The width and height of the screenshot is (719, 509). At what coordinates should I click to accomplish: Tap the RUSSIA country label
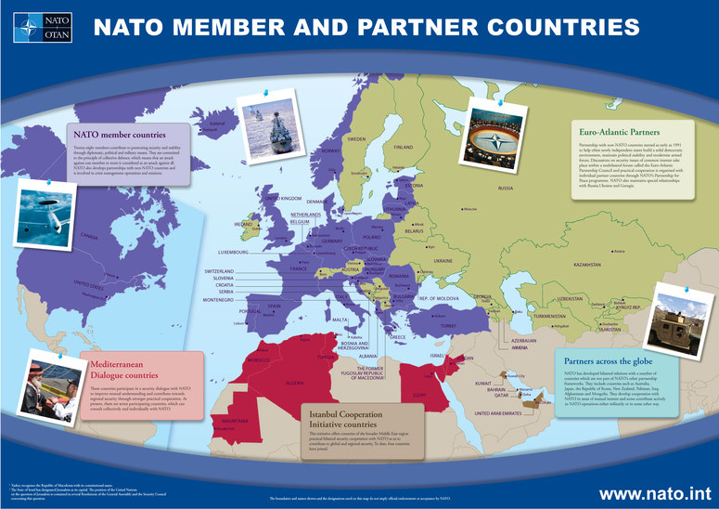pyautogui.click(x=505, y=189)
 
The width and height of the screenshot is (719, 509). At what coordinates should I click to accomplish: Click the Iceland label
pyautogui.click(x=217, y=124)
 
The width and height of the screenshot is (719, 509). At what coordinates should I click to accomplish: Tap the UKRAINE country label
pyautogui.click(x=443, y=261)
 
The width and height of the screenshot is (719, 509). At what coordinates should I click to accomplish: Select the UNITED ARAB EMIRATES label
pyautogui.click(x=508, y=412)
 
